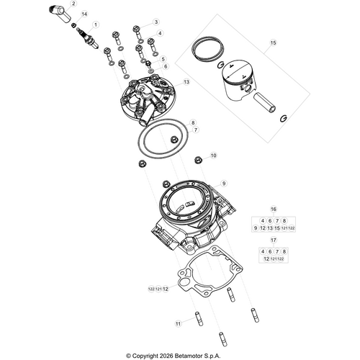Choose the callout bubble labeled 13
click(x=186, y=83)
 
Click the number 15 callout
click(x=273, y=43)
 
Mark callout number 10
click(x=212, y=156)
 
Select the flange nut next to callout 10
click(x=199, y=156)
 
